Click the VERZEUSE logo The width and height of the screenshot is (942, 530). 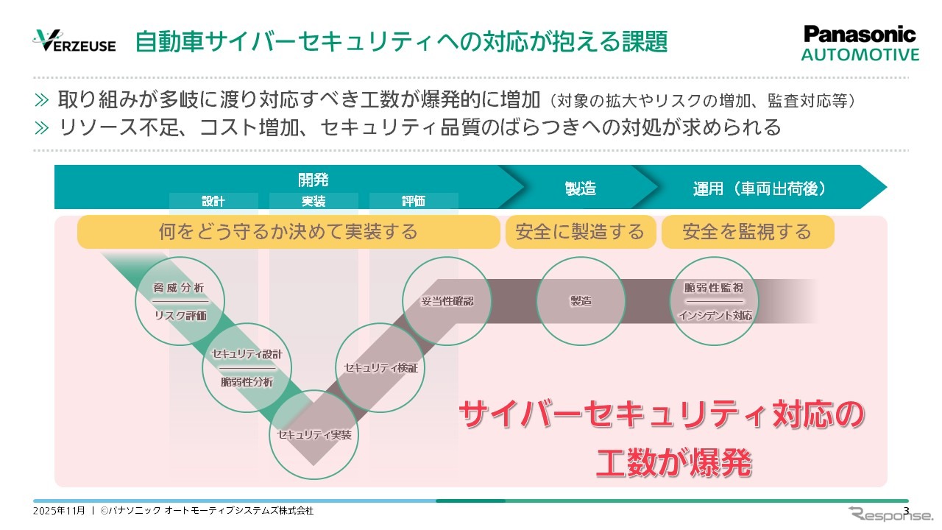pyautogui.click(x=74, y=42)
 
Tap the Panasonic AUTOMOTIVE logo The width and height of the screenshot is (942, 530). pyautogui.click(x=860, y=43)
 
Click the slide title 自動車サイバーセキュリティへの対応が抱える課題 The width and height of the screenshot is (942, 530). pyautogui.click(x=401, y=42)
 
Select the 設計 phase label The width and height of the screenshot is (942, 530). pyautogui.click(x=213, y=201)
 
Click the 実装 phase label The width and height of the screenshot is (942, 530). pyautogui.click(x=314, y=201)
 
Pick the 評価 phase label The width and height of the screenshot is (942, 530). pyautogui.click(x=414, y=201)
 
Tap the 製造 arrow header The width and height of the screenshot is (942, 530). pyautogui.click(x=580, y=188)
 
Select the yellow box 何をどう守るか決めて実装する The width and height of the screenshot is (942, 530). pyautogui.click(x=288, y=233)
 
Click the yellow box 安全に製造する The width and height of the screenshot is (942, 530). pyautogui.click(x=580, y=233)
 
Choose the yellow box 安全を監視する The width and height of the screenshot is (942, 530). pyautogui.click(x=747, y=233)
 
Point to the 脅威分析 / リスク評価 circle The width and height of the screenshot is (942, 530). pyautogui.click(x=180, y=301)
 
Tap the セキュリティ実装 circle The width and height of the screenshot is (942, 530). pyautogui.click(x=314, y=434)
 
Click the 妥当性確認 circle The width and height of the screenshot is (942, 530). pyautogui.click(x=447, y=301)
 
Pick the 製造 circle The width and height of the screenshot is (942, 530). pyautogui.click(x=581, y=301)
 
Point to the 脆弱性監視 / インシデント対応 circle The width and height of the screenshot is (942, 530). pyautogui.click(x=715, y=301)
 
